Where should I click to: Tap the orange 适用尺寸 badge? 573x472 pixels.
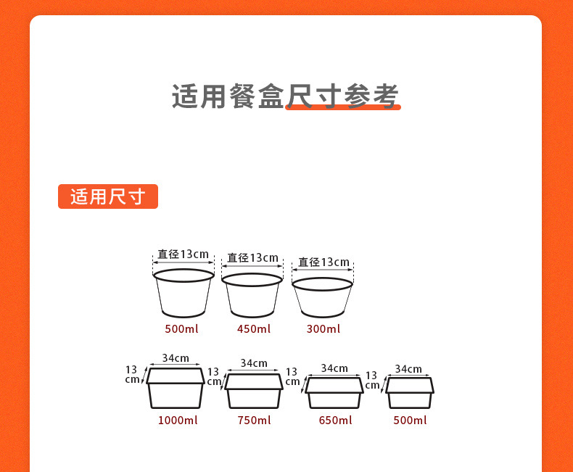(107, 196)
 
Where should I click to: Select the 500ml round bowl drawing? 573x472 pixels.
(184, 293)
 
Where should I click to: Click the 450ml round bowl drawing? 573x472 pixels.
(252, 295)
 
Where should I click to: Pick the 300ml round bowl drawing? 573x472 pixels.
(323, 297)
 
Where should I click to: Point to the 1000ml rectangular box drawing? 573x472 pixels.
(176, 389)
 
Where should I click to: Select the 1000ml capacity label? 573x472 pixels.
(177, 421)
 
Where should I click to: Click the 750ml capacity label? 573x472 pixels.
(253, 421)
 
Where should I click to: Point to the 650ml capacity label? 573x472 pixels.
(334, 421)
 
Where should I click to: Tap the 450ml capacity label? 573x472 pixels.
(253, 329)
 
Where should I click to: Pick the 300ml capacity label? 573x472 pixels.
(323, 329)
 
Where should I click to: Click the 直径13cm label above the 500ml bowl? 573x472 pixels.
(183, 254)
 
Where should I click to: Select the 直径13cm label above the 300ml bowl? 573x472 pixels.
(323, 262)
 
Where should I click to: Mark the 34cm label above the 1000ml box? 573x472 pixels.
(176, 358)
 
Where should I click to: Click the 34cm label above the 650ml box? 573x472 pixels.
(334, 368)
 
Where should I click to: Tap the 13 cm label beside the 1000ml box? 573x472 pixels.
(132, 374)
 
